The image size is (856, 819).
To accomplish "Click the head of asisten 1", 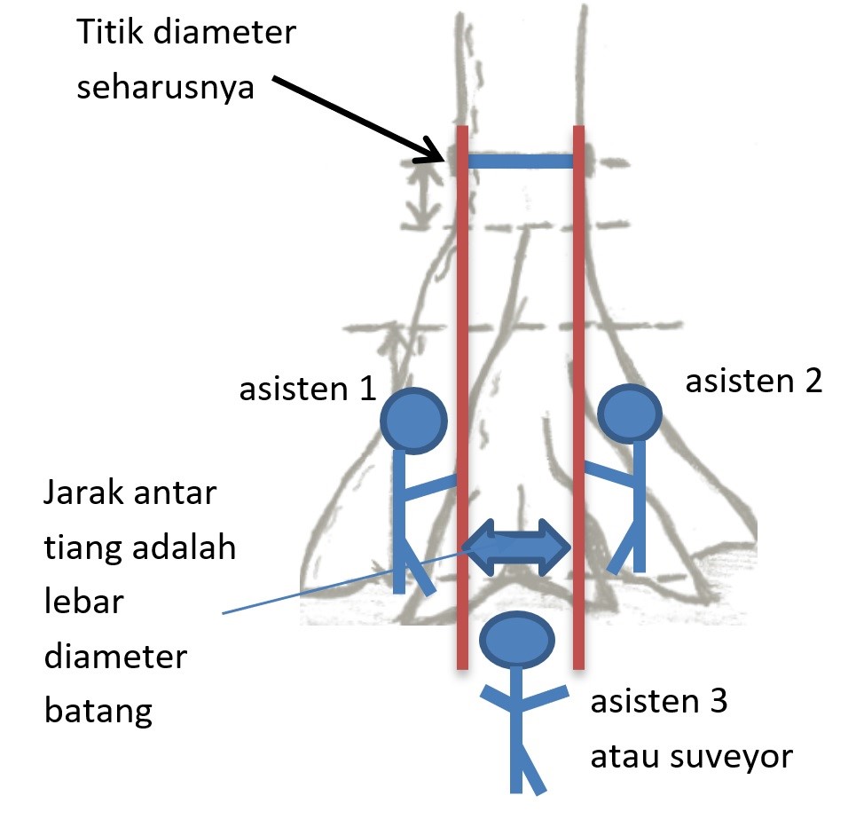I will (412, 420).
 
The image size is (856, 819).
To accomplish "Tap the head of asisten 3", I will (517, 641).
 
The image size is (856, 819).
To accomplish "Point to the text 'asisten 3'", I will (659, 703).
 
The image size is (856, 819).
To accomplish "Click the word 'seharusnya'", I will (166, 90).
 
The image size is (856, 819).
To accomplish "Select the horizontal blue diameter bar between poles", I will (520, 161).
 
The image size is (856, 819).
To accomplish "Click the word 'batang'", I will (98, 712).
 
